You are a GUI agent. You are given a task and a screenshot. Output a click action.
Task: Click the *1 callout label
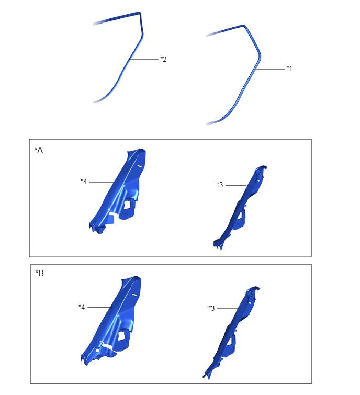point(289,69)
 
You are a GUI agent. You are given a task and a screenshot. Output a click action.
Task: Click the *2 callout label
point(163,59)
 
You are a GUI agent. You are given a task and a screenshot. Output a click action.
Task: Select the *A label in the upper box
point(39,150)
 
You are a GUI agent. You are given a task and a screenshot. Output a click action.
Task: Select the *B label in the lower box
point(40,273)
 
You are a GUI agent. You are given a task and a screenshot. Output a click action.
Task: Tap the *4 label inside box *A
point(84,182)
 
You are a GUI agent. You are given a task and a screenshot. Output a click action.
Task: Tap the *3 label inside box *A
point(220,185)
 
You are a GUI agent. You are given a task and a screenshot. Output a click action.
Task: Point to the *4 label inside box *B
point(82,307)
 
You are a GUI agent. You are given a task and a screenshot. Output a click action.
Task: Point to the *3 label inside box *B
point(211,308)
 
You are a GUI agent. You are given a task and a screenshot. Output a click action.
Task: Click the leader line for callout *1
point(271,69)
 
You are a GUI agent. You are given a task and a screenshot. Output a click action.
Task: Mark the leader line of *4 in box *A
point(102,183)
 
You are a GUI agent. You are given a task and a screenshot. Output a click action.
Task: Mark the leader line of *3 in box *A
point(236,185)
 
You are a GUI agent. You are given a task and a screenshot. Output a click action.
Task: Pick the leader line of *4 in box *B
point(100,307)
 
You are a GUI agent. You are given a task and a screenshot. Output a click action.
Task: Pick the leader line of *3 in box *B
point(228,309)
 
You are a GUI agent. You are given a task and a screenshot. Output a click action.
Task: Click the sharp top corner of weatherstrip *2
point(140,13)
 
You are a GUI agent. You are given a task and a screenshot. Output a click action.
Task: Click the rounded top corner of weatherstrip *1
point(244,26)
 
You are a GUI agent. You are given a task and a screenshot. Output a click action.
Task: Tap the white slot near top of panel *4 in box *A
point(140,166)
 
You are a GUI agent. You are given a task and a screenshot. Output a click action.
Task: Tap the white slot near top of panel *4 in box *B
point(134,294)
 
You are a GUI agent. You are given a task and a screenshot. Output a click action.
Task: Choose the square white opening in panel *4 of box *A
point(127,205)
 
